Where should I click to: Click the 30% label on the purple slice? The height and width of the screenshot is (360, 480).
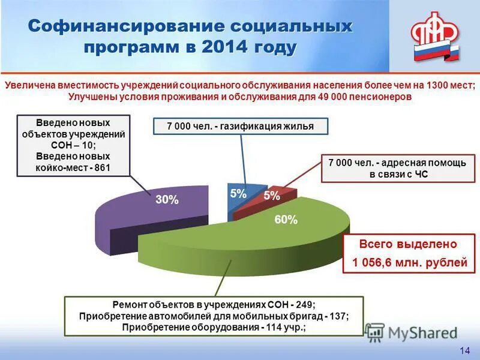tap(167, 200)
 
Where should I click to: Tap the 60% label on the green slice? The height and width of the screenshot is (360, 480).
tap(286, 220)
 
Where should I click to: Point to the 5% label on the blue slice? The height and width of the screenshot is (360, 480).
tap(238, 194)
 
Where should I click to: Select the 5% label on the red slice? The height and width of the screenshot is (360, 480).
tap(272, 196)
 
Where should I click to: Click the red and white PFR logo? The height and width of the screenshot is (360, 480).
tap(434, 37)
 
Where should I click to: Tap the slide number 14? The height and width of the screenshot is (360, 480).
tap(464, 350)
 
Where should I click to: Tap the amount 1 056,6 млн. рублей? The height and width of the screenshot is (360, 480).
tap(409, 262)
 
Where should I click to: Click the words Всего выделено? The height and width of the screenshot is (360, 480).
tap(408, 244)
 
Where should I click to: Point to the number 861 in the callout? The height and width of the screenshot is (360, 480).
tap(102, 167)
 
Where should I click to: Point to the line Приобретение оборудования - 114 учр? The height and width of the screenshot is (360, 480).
tap(214, 327)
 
